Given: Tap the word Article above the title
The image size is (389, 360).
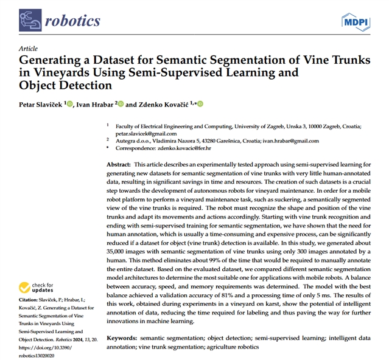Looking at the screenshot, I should pos(28,48).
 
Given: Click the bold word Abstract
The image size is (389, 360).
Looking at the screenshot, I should pos(119,165).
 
